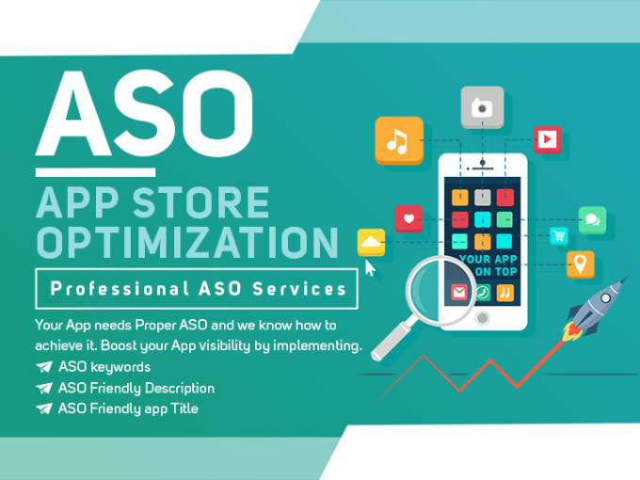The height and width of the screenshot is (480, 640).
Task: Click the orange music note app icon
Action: coord(399,140)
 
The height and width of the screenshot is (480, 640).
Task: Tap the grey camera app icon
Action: coord(482,107)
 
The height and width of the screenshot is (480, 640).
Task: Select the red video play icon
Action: coord(548,139)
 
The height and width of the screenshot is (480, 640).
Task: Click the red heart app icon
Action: coord(408,218)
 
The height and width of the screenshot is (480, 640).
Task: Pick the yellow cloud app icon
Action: coord(371,243)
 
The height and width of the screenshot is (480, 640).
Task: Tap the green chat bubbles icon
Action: coord(592,220)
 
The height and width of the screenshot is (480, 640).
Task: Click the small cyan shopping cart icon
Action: coord(559,235)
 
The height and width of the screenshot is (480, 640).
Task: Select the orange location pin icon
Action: coord(580,264)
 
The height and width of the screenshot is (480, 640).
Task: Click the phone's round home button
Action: coord(483,317)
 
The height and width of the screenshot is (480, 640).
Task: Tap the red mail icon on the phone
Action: coord(458,293)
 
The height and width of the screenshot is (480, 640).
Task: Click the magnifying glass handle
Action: coord(392,340)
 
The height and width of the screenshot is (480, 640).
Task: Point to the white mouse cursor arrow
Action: coord(369,268)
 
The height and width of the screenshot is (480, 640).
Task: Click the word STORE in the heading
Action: coord(201,202)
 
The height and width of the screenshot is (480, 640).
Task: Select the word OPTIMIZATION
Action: coord(187,242)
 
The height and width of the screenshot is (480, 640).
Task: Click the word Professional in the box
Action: coord(120,289)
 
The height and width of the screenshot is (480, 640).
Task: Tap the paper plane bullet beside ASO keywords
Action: coord(43,366)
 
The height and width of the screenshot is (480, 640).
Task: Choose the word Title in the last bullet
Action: coord(184,408)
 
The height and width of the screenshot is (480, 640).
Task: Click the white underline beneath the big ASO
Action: coord(95,172)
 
